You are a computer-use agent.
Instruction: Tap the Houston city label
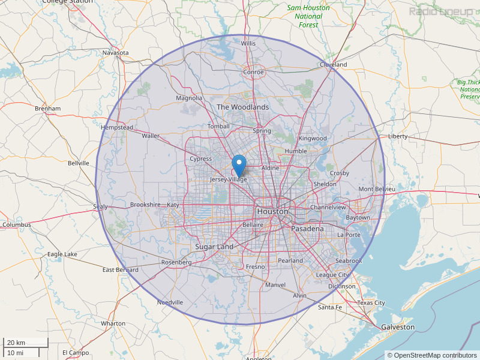(272, 212)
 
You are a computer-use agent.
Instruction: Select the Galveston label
(397, 327)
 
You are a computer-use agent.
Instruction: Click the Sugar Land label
(214, 247)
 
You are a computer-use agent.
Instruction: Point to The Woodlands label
(243, 107)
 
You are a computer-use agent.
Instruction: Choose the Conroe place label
(253, 72)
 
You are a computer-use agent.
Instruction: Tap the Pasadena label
(307, 229)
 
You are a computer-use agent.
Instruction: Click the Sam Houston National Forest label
(308, 16)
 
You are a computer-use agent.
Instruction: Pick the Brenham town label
(47, 109)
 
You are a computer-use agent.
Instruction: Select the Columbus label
(16, 225)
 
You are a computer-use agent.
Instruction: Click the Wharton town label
(113, 323)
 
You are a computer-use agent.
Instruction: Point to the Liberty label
(398, 136)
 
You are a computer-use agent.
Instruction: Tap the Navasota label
(115, 53)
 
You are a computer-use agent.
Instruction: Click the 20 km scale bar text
(16, 342)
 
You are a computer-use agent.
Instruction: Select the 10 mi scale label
(15, 352)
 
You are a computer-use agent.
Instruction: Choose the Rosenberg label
(176, 262)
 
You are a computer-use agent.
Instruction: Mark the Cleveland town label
(333, 64)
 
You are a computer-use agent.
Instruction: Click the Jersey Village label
(229, 179)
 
